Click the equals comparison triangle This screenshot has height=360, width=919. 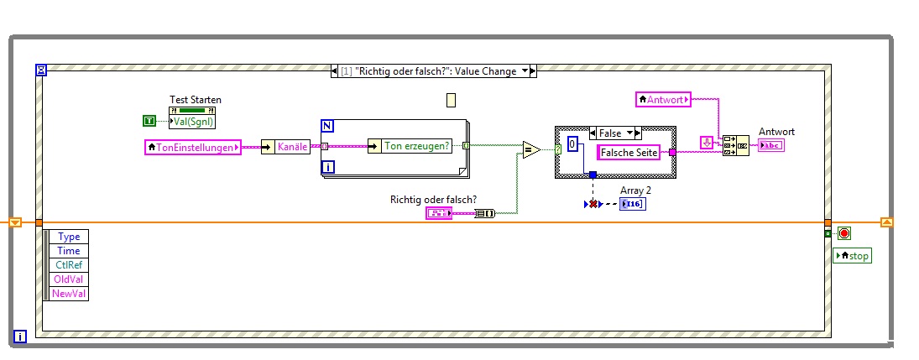click(531, 150)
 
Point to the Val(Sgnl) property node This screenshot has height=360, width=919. click(192, 121)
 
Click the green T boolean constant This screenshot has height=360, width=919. click(149, 122)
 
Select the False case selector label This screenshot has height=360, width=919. click(615, 133)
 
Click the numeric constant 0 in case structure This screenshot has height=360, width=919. click(572, 143)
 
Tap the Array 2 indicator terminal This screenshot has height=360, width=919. click(633, 204)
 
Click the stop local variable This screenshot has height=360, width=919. click(852, 255)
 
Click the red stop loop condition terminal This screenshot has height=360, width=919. click(843, 233)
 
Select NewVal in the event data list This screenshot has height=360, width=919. click(68, 294)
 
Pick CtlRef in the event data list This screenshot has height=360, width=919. click(68, 265)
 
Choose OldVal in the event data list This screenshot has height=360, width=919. click(68, 279)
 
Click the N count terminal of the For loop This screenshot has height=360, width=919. click(327, 126)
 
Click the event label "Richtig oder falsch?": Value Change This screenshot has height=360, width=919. click(433, 71)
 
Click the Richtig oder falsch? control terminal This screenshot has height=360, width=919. click(439, 213)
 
